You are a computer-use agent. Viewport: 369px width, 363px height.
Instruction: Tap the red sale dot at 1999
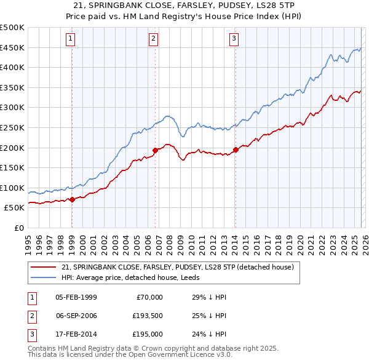click(72, 199)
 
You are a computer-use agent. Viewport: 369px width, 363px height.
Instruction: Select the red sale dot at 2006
click(155, 150)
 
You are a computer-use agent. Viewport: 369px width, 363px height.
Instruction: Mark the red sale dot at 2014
click(236, 149)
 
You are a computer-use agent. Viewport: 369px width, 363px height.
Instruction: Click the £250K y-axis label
click(12, 127)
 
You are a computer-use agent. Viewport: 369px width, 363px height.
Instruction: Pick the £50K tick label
click(15, 208)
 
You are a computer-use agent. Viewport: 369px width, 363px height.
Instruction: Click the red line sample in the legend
click(43, 267)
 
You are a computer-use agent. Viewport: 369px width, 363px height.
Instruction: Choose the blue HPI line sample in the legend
click(43, 277)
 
